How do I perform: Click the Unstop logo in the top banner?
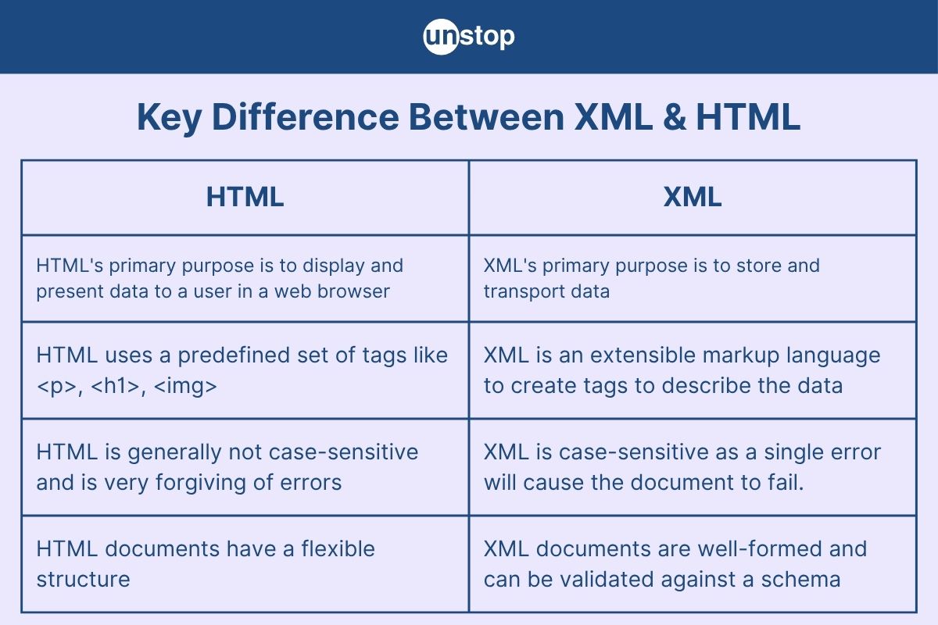(x=468, y=37)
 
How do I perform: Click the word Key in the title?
(x=166, y=117)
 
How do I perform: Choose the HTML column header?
(x=245, y=197)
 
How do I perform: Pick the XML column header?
(x=692, y=197)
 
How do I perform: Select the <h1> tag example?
(x=111, y=385)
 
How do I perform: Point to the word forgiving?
(x=203, y=482)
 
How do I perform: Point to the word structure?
(x=83, y=579)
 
